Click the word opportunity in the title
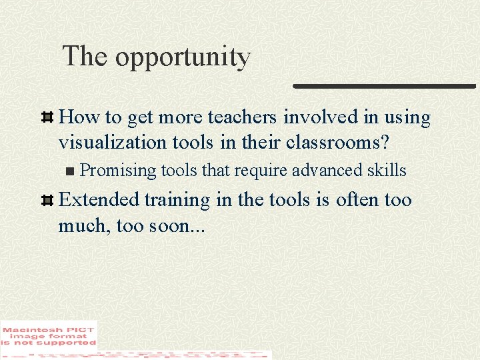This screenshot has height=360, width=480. [183, 58]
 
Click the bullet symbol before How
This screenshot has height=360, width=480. [48, 118]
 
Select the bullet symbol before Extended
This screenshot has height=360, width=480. [48, 201]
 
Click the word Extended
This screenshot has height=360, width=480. [99, 200]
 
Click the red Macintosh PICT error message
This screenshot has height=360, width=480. [49, 334]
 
